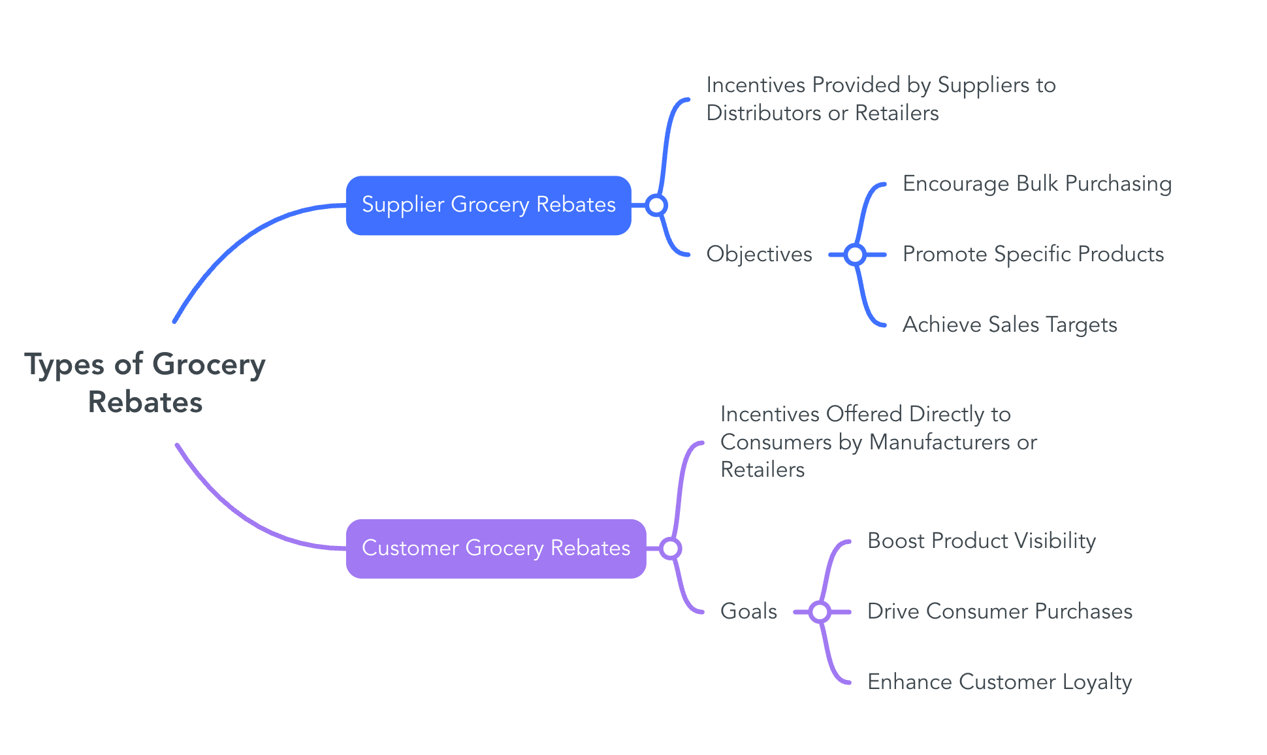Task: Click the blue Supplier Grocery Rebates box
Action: (x=489, y=205)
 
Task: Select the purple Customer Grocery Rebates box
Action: (x=496, y=549)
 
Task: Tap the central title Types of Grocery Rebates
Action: (x=145, y=383)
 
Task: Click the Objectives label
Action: (x=759, y=254)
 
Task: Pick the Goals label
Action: (x=748, y=611)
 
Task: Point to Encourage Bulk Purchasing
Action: (x=1036, y=184)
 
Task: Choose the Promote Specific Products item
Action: (x=1033, y=254)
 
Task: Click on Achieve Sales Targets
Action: (x=1009, y=325)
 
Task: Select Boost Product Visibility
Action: (x=981, y=541)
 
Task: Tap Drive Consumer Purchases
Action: (x=999, y=611)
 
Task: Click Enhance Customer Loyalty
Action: (x=999, y=682)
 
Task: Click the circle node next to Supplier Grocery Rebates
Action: (x=656, y=205)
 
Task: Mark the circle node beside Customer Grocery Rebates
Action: (x=670, y=549)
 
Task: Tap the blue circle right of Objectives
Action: (x=855, y=254)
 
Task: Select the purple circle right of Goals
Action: (x=820, y=612)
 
